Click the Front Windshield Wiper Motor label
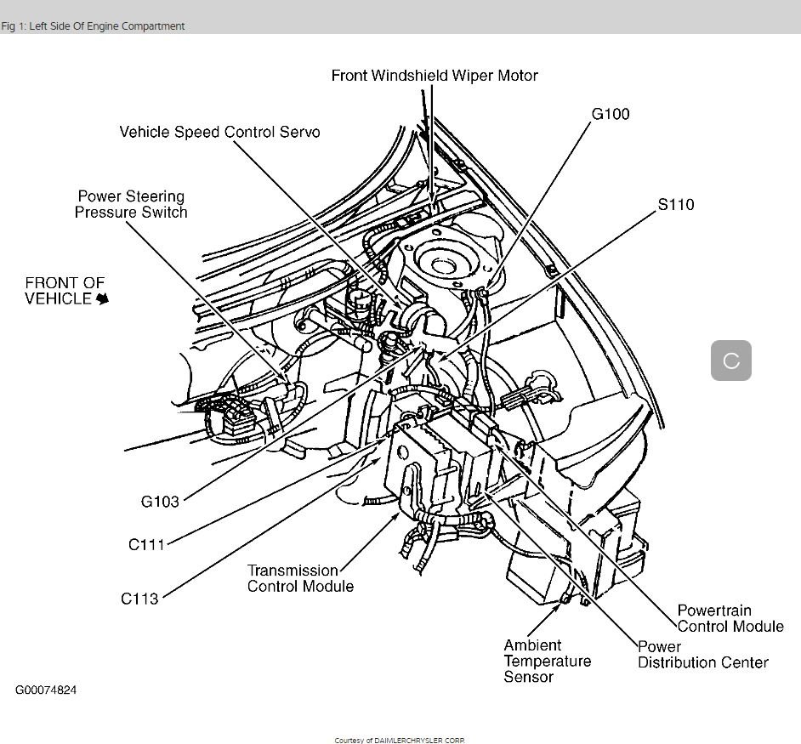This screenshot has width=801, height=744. point(435,76)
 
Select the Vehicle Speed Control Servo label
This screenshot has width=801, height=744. point(219,132)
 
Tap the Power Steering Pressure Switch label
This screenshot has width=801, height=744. point(130,204)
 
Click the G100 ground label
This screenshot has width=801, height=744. point(610,114)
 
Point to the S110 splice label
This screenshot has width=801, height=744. point(675,204)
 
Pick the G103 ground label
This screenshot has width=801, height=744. point(160,502)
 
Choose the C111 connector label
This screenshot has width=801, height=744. point(146,545)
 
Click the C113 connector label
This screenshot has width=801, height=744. point(139,599)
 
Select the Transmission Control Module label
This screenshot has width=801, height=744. point(299,578)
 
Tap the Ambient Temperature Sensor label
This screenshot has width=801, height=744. point(547,661)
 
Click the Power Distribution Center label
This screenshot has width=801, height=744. point(702,654)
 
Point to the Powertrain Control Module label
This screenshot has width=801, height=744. point(730,618)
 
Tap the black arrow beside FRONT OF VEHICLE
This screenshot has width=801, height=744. point(103,299)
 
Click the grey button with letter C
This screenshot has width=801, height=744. point(730,361)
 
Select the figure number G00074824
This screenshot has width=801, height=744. point(46,690)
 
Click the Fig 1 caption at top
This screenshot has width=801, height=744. point(93,26)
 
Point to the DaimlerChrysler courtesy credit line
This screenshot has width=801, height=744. point(400,740)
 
